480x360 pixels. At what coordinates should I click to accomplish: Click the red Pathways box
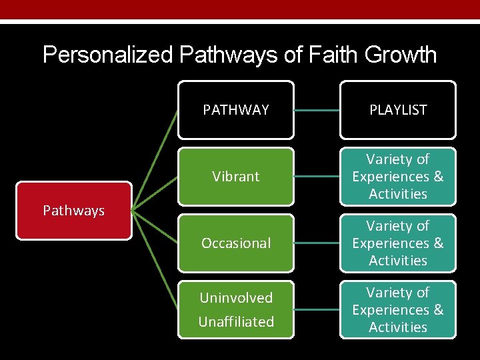74,211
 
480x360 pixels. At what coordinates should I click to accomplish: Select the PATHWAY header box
236,110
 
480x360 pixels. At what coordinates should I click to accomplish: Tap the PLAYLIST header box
398,110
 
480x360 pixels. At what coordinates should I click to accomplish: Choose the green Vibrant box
236,177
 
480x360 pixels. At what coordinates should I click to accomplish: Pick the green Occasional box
236,243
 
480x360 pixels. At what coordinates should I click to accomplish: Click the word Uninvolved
236,298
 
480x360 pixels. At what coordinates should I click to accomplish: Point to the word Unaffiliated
236,321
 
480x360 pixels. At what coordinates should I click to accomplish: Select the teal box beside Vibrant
398,177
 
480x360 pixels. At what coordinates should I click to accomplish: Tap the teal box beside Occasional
398,243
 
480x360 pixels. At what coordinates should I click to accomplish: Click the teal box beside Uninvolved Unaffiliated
398,310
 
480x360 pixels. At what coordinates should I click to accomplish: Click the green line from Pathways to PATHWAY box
155,160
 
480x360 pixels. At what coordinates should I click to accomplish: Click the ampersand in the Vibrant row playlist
438,177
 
